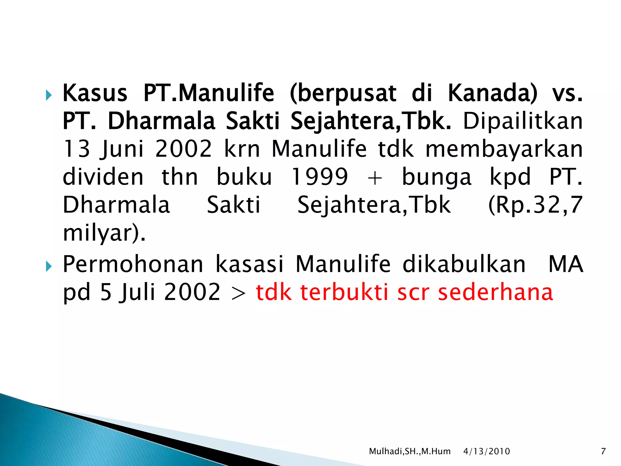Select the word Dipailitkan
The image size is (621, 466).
tap(522, 121)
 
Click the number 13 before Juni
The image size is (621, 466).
tap(76, 149)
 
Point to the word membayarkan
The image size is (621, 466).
tap(504, 149)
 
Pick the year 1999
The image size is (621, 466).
tap(319, 177)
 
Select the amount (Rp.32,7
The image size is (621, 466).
tap(535, 205)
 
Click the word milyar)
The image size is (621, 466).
tap(104, 233)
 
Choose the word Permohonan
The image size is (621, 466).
tap(133, 264)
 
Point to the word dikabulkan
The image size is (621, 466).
tap(464, 264)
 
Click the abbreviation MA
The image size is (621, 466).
tap(566, 264)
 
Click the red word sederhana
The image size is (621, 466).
tap(496, 292)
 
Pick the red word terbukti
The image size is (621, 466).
tap(344, 292)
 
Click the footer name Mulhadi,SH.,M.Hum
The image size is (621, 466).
tap(410, 451)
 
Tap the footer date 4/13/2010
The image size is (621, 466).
tap(486, 451)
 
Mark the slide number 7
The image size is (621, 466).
tap(603, 451)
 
